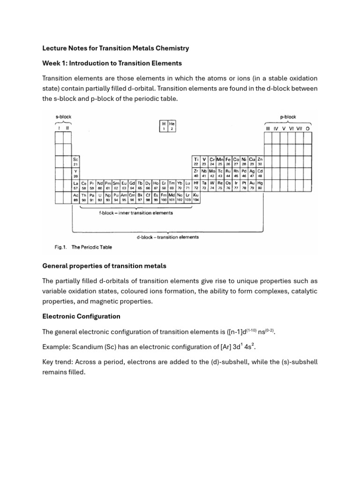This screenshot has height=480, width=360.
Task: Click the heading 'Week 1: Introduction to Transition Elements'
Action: click(112, 63)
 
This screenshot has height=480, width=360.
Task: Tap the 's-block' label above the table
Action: click(63, 116)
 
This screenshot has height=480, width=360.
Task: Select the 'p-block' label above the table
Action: click(288, 117)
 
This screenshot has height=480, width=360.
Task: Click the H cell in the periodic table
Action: click(164, 126)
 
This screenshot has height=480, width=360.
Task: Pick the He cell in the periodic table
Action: click(172, 126)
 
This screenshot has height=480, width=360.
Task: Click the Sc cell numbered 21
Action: click(75, 162)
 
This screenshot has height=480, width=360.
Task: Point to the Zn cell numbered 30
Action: click(260, 162)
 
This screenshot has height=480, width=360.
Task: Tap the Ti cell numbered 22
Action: click(196, 162)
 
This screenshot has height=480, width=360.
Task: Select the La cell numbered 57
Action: click(75, 185)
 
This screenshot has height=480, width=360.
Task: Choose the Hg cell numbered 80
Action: click(260, 185)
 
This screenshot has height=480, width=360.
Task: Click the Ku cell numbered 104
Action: click(196, 197)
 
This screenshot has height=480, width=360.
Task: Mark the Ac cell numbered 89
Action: click(75, 197)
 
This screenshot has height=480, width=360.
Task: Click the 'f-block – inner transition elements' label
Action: click(136, 213)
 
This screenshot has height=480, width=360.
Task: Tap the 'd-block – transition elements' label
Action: click(167, 237)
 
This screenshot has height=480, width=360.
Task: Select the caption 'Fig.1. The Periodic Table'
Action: click(81, 247)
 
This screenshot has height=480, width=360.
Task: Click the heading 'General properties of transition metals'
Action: click(104, 266)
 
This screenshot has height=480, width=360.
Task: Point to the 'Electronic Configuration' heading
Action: click(81, 316)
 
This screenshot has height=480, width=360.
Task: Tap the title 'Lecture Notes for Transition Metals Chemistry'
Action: click(115, 48)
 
